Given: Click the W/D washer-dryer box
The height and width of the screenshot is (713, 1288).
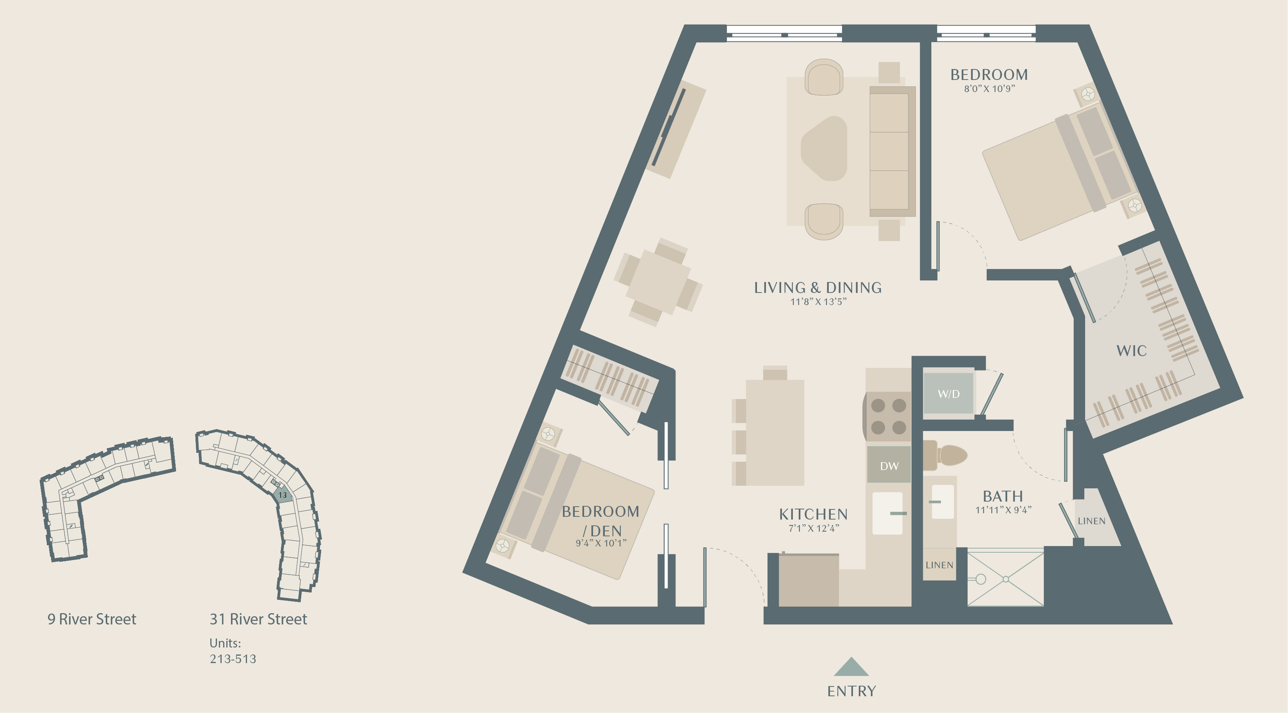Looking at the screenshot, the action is pos(949,393).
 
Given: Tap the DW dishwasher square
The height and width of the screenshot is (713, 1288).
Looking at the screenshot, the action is pos(889,465).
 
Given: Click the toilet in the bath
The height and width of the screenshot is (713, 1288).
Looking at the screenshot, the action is pos(945,455).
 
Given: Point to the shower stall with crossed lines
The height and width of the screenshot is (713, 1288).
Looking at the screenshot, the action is pos(1006,578).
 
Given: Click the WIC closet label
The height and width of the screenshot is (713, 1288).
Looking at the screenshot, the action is pos(1132,351).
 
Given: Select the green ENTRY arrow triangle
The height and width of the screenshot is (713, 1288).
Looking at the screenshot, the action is pos(851,667).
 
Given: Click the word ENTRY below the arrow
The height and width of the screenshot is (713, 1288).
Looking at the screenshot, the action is pos(851,691).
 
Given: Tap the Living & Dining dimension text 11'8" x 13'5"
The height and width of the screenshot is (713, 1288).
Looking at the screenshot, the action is pos(818,302).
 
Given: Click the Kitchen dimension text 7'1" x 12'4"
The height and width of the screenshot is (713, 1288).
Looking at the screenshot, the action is pos(814,528).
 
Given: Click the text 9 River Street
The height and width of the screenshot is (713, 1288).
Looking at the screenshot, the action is pos(92,619).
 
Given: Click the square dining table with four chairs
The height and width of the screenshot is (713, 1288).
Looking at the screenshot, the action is pos(659,282).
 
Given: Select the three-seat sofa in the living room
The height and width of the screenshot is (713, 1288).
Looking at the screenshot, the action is pos(892,151).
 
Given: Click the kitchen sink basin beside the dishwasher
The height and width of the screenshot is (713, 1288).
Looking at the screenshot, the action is pos(888,513).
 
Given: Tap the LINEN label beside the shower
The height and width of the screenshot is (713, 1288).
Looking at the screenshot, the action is pos(939,565).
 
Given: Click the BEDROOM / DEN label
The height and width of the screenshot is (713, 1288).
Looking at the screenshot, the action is pos(600,521).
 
